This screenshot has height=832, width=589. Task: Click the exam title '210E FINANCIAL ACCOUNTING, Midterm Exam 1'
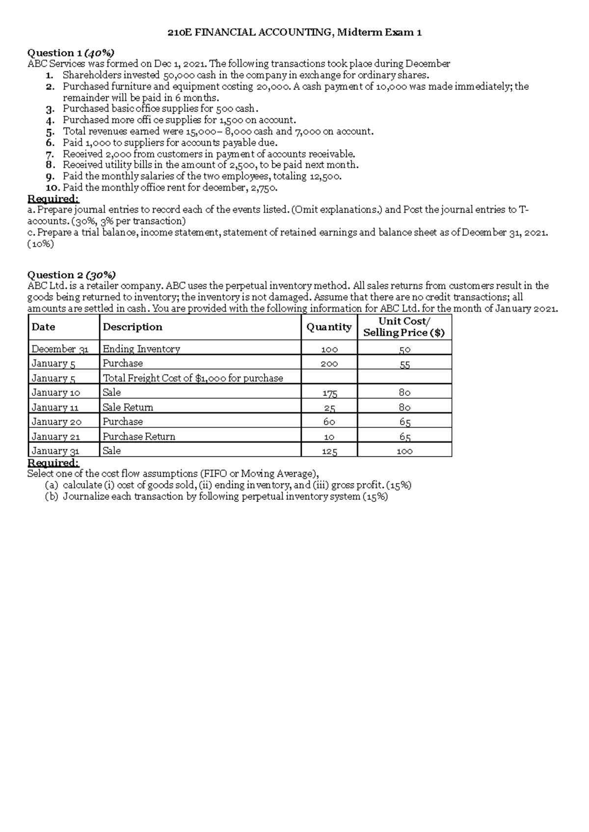click(294, 33)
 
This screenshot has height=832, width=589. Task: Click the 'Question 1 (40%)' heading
click(71, 52)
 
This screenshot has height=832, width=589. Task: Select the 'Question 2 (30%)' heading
click(72, 274)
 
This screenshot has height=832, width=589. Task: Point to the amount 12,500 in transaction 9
click(324, 176)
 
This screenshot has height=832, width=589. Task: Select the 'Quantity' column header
click(329, 327)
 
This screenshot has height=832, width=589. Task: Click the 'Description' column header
click(132, 327)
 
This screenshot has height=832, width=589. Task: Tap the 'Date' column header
click(43, 327)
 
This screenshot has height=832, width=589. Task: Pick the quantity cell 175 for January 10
click(329, 392)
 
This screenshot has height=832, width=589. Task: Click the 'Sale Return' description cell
click(128, 407)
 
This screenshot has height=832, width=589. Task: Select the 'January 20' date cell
click(56, 421)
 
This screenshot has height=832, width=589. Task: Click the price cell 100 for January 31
click(404, 451)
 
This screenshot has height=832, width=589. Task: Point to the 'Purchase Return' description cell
click(139, 436)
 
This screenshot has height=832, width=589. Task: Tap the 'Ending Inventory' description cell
click(141, 349)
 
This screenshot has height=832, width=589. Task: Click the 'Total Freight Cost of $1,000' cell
click(192, 378)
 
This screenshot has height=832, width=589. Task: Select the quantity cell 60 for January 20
click(329, 421)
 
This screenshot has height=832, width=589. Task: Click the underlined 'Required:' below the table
click(53, 463)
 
